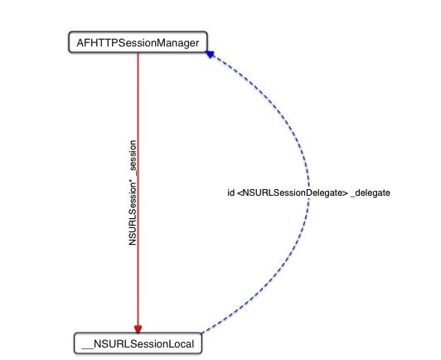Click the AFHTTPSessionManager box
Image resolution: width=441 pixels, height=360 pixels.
[138, 42]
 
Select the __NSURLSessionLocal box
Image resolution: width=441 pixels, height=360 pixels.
[138, 343]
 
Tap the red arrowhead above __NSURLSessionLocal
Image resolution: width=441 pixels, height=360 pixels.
[138, 328]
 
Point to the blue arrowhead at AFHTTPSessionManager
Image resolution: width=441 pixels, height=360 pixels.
[211, 54]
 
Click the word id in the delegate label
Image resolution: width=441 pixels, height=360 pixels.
[230, 192]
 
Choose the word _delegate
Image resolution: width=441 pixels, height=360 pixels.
[371, 193]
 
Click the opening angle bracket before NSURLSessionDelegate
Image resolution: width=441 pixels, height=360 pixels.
[240, 193]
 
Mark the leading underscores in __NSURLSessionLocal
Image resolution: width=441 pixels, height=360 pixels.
[87, 348]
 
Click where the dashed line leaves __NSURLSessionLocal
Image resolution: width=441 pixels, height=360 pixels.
[201, 333]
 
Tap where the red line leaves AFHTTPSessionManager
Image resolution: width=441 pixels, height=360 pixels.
[138, 52]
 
